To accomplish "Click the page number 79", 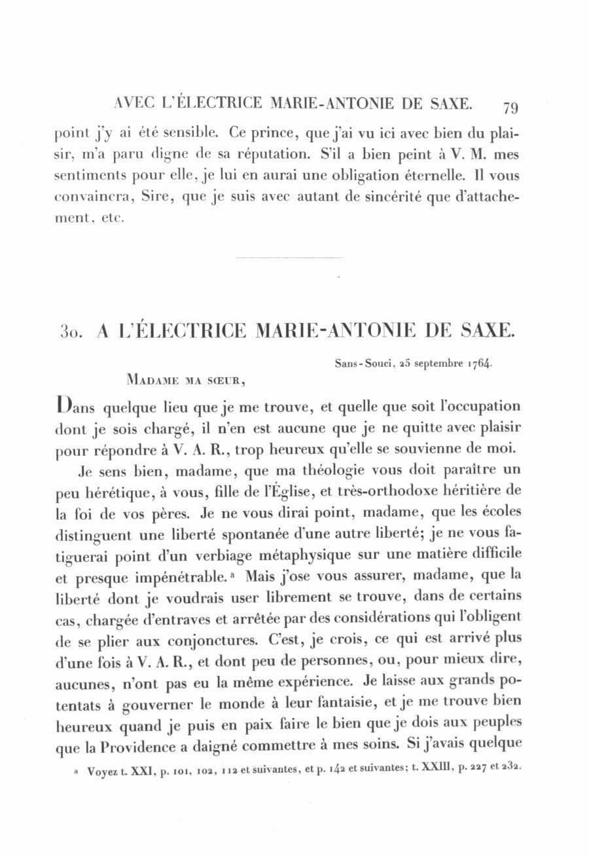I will click(x=511, y=107).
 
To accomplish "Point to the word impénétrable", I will click(x=173, y=577).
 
